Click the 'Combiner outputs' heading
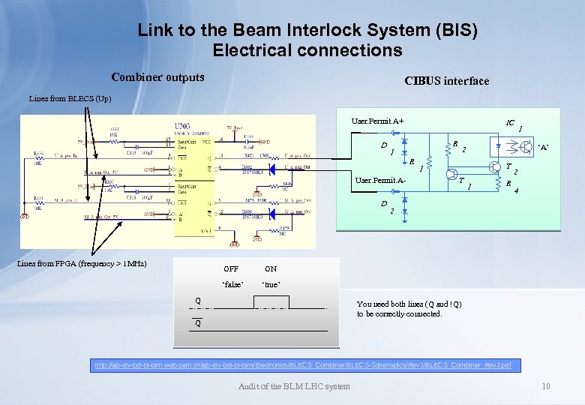click(x=157, y=77)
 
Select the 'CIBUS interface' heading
click(x=446, y=81)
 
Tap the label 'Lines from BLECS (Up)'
click(x=70, y=98)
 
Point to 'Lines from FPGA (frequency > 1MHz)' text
click(x=82, y=263)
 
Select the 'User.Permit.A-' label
click(x=380, y=181)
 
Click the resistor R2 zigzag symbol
click(x=447, y=148)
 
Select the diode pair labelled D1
click(x=405, y=150)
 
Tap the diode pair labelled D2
click(x=405, y=204)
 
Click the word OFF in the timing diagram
click(x=231, y=268)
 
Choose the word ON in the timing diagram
click(x=271, y=268)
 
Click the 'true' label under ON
click(x=271, y=285)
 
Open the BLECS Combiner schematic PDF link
click(x=302, y=364)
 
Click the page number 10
click(x=546, y=386)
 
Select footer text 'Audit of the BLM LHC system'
click(x=293, y=386)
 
